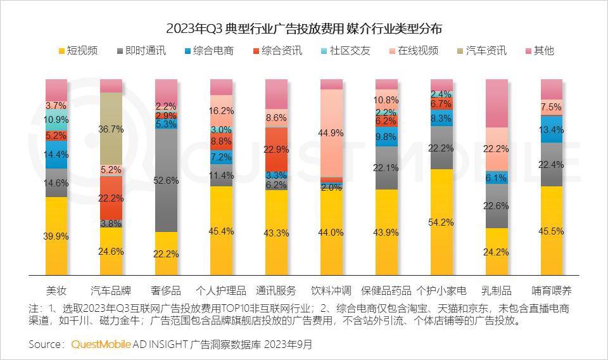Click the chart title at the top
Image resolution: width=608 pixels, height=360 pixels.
(304, 29)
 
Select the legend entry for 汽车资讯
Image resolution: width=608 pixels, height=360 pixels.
(486, 51)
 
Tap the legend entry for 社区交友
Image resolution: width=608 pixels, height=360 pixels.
(349, 51)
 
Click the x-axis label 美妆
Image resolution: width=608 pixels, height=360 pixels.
(56, 291)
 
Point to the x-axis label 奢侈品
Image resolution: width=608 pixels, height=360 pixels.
(166, 291)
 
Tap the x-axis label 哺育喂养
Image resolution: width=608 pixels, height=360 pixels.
(552, 291)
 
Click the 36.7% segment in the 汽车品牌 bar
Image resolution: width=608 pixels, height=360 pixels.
(111, 129)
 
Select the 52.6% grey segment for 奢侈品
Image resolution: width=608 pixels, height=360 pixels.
(166, 181)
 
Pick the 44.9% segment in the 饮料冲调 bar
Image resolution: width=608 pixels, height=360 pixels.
(331, 133)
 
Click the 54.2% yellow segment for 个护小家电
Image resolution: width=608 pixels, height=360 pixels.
(441, 222)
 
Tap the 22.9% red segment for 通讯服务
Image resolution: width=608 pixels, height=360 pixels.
(276, 149)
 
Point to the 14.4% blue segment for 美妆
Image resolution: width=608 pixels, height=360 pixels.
(56, 154)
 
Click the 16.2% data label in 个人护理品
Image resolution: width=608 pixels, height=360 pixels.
(222, 110)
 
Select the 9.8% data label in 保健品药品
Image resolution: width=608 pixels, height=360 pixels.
(386, 136)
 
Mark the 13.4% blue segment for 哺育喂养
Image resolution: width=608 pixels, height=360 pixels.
(552, 129)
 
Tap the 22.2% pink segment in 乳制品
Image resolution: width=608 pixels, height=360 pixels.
(497, 149)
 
